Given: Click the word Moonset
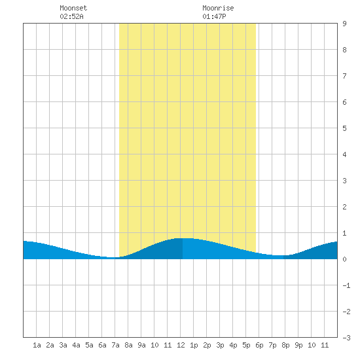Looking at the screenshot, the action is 73,8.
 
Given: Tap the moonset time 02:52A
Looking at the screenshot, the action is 71,16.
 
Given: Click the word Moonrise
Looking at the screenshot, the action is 218,8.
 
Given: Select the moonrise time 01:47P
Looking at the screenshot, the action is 214,16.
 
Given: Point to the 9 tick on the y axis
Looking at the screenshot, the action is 344,24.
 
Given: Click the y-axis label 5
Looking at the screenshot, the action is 344,128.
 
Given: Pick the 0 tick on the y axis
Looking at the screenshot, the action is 344,259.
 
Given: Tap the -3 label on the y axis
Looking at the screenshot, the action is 346,338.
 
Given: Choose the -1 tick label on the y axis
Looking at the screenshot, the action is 346,285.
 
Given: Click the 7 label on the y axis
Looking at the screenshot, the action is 344,76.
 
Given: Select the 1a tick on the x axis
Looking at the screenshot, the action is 37,345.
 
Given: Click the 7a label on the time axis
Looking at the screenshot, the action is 115,345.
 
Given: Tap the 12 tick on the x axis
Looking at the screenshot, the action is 181,345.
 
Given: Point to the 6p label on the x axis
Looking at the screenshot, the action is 259,345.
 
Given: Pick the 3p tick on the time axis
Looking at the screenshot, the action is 220,345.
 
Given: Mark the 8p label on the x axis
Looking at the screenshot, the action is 285,345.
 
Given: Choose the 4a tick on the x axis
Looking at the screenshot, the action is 76,345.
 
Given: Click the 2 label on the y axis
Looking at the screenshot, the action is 344,207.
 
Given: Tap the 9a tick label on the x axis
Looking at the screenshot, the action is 141,345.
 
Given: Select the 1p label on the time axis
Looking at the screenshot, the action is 194,345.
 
